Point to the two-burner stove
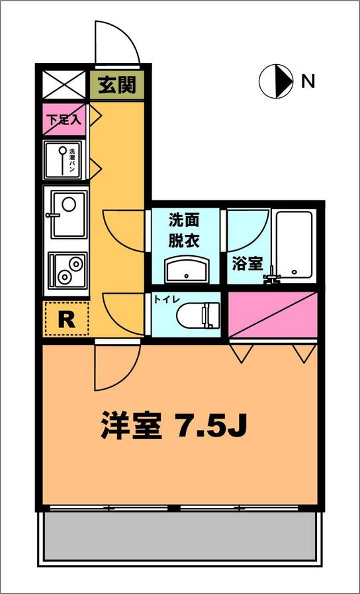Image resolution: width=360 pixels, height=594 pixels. (x=67, y=271)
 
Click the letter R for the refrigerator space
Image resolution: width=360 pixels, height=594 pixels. (x=66, y=319)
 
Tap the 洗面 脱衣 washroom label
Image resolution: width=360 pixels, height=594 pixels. (x=184, y=230)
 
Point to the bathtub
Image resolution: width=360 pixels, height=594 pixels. (x=294, y=244)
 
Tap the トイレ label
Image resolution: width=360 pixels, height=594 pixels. (x=166, y=299)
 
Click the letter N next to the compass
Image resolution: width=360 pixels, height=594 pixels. (x=308, y=82)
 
